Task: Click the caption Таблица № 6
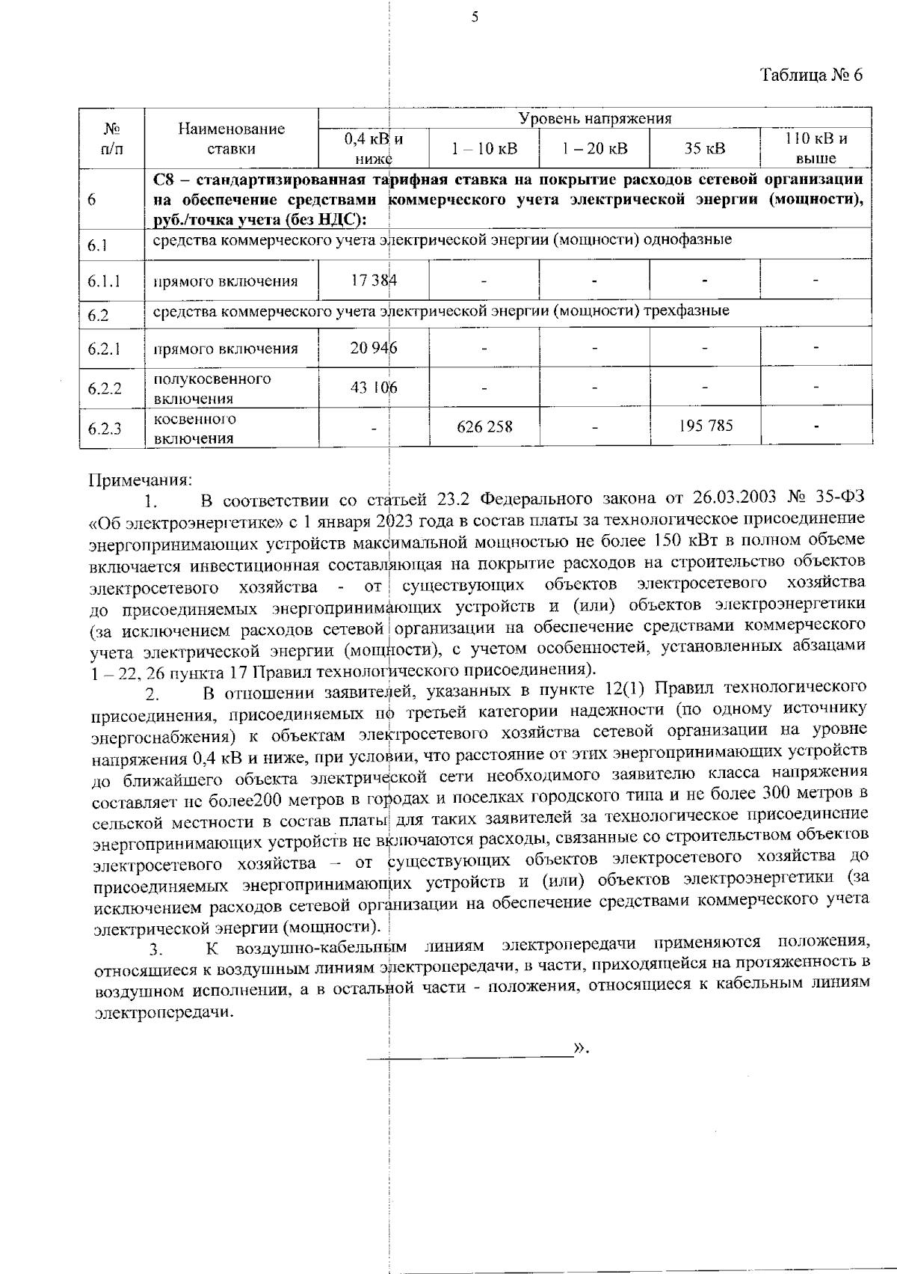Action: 812,76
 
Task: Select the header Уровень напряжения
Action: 595,118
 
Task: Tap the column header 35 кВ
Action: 705,148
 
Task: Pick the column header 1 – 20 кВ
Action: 595,148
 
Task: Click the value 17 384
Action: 374,281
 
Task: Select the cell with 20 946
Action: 374,348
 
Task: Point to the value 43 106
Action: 374,388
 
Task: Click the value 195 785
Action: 705,426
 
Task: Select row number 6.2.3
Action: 105,429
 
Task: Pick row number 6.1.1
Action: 105,282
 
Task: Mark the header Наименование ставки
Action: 231,138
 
